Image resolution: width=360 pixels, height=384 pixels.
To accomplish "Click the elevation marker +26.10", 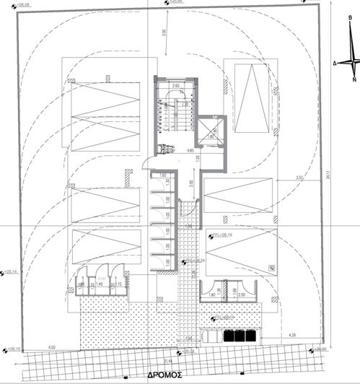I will tap(14, 349).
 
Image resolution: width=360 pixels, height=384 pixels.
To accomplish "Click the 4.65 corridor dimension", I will tap(190, 151).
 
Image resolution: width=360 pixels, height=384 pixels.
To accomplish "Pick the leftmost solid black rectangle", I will tap(229, 336).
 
